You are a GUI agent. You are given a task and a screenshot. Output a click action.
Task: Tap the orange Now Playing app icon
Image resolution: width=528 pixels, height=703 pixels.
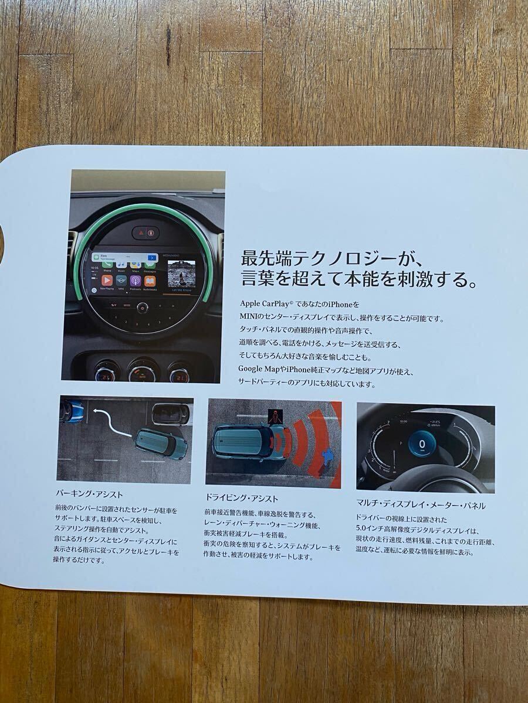click(107, 279)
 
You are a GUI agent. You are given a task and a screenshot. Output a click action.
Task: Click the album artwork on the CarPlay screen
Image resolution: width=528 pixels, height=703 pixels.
click(182, 273)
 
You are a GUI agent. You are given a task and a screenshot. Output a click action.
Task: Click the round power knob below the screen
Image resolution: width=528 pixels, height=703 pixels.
click(141, 306)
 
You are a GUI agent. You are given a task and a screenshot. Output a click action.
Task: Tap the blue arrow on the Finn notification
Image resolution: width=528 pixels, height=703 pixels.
click(152, 257)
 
